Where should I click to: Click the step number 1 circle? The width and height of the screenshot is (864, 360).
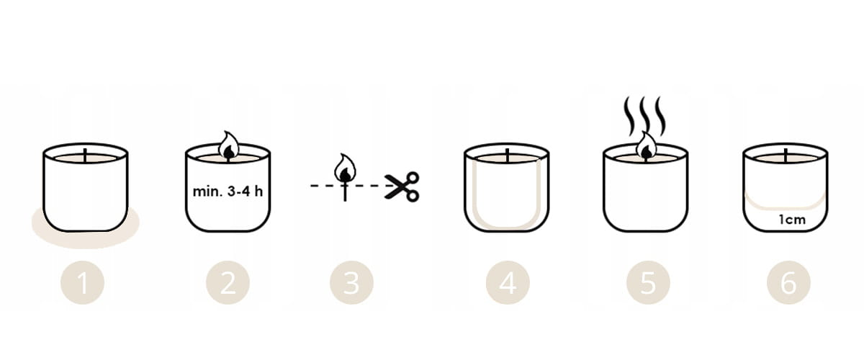[83, 282]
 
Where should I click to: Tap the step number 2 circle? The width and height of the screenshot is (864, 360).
[228, 282]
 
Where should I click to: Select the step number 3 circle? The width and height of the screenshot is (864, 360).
[351, 282]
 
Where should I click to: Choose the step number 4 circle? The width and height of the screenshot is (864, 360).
[508, 282]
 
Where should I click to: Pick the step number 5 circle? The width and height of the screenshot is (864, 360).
[648, 282]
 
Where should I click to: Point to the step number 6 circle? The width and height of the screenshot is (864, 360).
[788, 282]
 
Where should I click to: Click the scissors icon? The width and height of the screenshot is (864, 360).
[402, 186]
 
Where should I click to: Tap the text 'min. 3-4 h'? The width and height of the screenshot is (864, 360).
[228, 191]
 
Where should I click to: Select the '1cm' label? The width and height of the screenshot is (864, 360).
[792, 220]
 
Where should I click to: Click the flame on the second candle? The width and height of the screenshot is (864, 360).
[229, 146]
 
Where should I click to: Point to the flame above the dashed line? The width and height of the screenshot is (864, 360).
[345, 168]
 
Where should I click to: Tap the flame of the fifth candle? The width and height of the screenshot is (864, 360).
[647, 146]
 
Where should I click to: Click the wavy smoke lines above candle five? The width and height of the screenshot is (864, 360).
[645, 116]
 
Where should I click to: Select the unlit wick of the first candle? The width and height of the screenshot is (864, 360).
[85, 156]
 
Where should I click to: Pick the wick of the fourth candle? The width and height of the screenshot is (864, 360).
[507, 156]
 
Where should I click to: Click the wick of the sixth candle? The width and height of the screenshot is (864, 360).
[786, 156]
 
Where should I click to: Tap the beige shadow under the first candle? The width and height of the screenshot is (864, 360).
[85, 238]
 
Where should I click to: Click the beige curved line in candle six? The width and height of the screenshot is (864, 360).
[786, 208]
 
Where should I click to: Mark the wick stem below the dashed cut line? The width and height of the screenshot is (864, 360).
[345, 193]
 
